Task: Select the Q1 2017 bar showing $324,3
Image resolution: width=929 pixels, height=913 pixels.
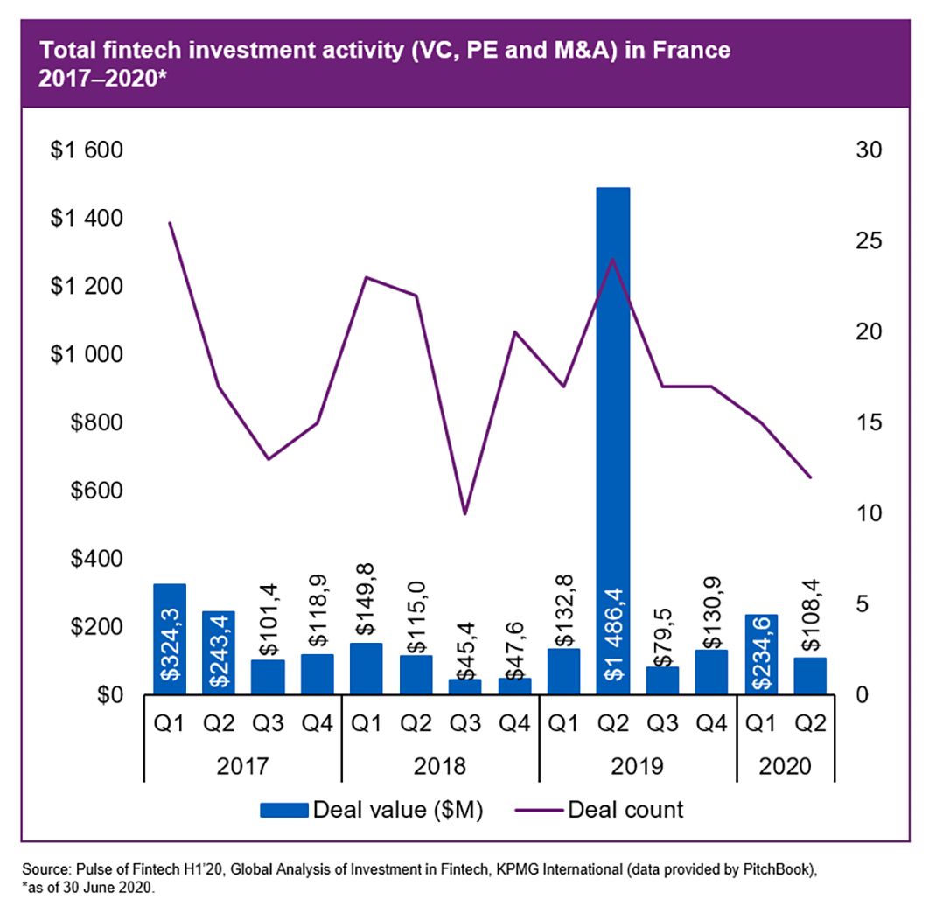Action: pos(170,638)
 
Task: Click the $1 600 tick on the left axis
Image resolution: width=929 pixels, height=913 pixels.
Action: pos(87,150)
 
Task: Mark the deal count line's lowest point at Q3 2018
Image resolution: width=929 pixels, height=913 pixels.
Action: pos(464,513)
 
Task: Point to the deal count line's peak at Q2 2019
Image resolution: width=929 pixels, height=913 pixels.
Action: pos(612,259)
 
